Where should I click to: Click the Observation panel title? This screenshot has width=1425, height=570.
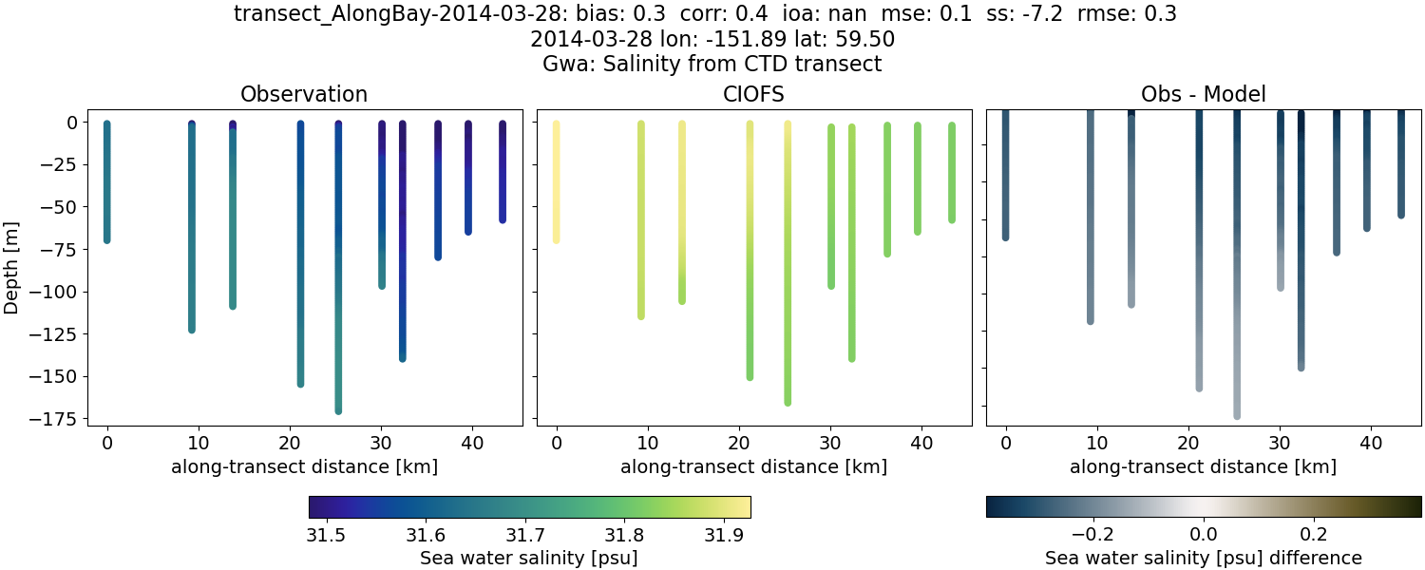pyautogui.click(x=304, y=94)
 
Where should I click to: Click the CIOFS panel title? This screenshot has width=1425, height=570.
pyautogui.click(x=753, y=94)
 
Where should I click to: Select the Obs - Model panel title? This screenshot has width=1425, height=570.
pyautogui.click(x=1203, y=94)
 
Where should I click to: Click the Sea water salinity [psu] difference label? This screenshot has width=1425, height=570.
pyautogui.click(x=1203, y=558)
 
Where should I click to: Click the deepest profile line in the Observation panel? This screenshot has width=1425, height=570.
pyautogui.click(x=338, y=285)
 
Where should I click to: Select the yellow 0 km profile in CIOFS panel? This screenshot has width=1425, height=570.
pyautogui.click(x=556, y=180)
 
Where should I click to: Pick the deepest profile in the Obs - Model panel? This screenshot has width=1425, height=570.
pyautogui.click(x=1237, y=285)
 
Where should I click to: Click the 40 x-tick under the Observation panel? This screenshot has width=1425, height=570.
pyautogui.click(x=472, y=444)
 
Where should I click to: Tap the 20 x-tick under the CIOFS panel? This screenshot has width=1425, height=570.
pyautogui.click(x=739, y=444)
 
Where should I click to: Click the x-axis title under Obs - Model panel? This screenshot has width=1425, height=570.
pyautogui.click(x=1203, y=466)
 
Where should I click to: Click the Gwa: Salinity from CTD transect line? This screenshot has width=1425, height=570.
pyautogui.click(x=712, y=64)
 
